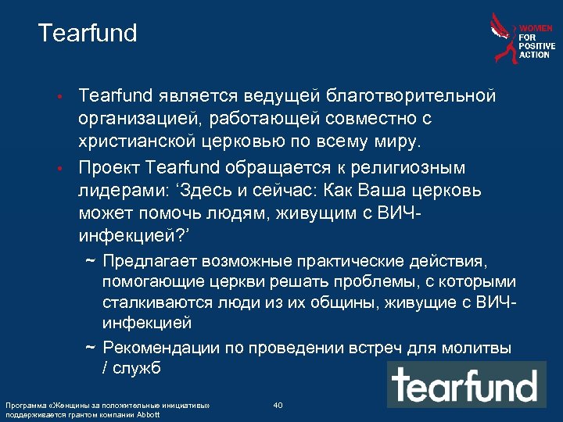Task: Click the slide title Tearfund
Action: coord(87,33)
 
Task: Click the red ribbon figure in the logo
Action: coord(504,37)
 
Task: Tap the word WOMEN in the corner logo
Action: coord(537,28)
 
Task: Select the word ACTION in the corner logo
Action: coord(534,55)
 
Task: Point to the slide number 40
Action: coord(278,405)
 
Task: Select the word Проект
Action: coord(109,169)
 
